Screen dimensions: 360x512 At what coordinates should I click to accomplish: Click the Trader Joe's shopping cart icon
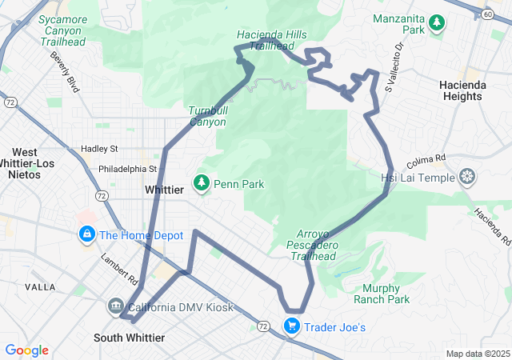coord(292,326)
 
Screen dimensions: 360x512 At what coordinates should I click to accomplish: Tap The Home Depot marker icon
coord(86,235)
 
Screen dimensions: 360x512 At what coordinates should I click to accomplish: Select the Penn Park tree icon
coord(202,184)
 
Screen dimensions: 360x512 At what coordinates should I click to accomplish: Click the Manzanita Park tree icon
coord(437,24)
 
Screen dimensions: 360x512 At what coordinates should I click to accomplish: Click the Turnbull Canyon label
coord(207,116)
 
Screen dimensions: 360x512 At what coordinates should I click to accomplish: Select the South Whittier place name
coord(129,338)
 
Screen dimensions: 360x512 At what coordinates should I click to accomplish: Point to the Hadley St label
coord(99,149)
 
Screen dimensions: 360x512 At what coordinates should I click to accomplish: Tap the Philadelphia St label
coord(127,170)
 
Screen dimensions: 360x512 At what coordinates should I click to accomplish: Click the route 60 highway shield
coord(487,14)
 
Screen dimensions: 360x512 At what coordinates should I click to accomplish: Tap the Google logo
coord(26,350)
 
